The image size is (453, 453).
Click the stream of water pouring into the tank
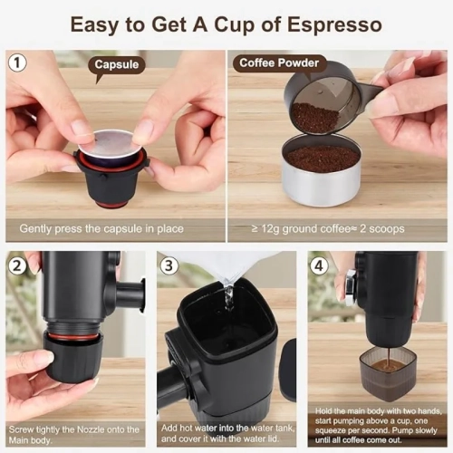228,294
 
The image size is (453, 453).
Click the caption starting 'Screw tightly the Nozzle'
74,435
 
